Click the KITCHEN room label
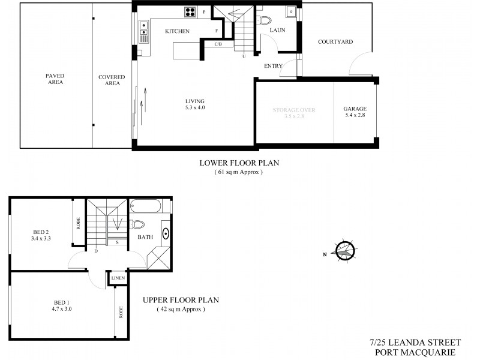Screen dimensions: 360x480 (178, 31)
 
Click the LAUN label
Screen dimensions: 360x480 (277, 29)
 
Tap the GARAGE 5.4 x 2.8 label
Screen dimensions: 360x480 (355, 112)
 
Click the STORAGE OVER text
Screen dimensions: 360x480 (294, 110)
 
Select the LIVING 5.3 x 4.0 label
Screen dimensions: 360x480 (196, 104)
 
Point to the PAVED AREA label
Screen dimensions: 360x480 (55, 79)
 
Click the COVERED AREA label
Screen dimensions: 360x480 (112, 80)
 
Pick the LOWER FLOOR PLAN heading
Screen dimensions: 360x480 (239, 163)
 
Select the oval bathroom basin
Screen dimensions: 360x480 (165, 235)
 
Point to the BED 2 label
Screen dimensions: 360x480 (40, 235)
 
